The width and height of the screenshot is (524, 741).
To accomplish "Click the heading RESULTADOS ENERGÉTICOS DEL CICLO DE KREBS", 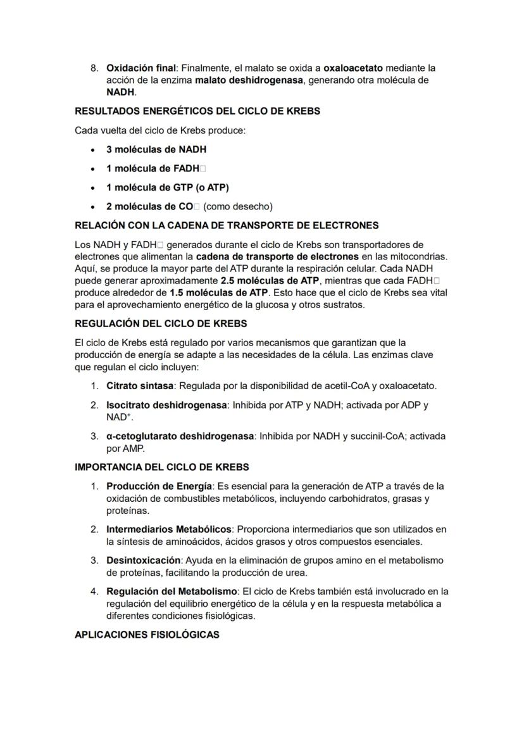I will click(197, 111).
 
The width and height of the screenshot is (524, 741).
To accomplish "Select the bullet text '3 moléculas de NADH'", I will click(156, 150).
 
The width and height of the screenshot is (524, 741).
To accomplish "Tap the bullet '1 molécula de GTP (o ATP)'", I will click(167, 188).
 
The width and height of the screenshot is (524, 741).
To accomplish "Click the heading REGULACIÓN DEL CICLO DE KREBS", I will click(161, 324).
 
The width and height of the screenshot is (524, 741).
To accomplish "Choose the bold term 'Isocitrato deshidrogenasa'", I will click(166, 405).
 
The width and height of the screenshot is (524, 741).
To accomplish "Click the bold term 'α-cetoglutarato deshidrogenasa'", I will click(180, 437).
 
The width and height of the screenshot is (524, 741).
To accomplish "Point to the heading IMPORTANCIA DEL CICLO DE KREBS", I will click(162, 468).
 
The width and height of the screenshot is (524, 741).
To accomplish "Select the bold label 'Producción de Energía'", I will click(158, 487).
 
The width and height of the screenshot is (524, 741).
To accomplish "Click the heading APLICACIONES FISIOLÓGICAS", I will click(147, 635).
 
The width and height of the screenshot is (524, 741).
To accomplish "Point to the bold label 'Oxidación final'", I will click(141, 68).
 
